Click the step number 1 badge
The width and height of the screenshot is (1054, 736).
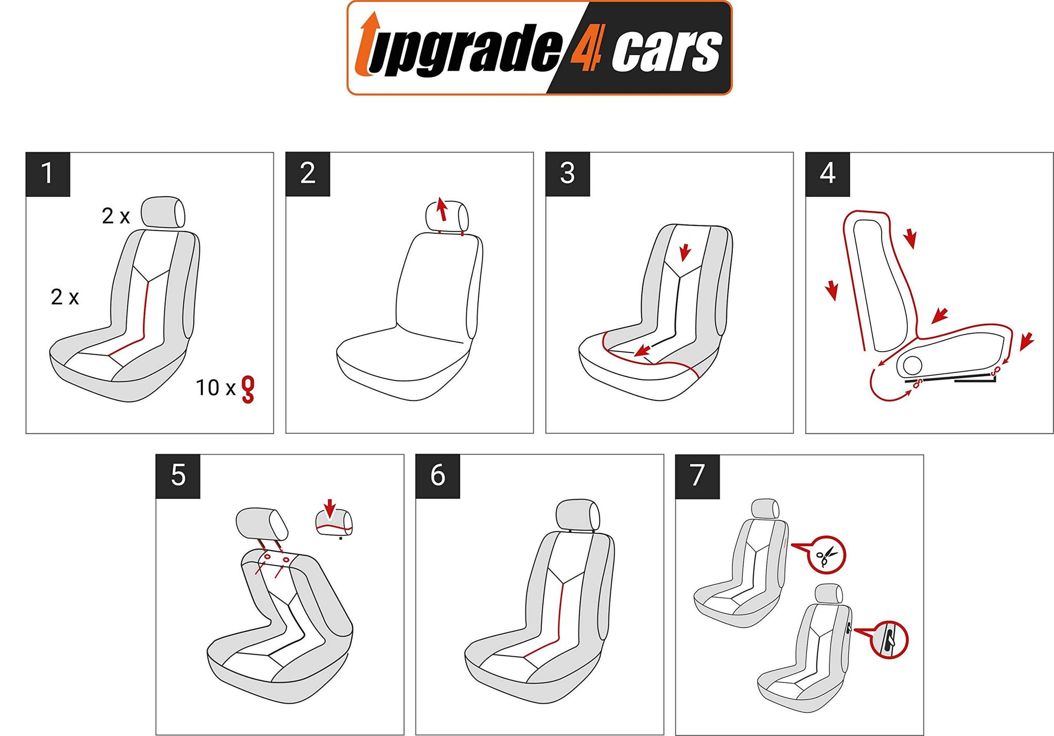tap(48, 174)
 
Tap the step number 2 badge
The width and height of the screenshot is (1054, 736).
tap(308, 174)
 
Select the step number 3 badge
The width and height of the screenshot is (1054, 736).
tap(568, 174)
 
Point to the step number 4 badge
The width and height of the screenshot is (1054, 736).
tap(828, 174)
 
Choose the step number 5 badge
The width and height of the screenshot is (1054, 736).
tap(178, 476)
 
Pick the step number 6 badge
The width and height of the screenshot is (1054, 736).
tap(438, 476)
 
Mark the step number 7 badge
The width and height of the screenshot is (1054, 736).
tap(697, 476)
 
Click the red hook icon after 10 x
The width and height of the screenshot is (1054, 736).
tap(248, 390)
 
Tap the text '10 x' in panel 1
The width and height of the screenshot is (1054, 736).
tap(215, 388)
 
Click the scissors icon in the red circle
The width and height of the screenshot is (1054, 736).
tap(827, 556)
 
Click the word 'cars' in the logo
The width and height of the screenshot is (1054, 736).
tap(667, 51)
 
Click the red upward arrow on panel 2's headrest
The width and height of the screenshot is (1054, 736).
tap(441, 208)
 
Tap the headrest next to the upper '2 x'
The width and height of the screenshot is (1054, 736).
tap(163, 212)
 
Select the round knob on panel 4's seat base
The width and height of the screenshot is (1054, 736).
tap(912, 365)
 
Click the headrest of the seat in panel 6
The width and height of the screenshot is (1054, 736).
tap(578, 514)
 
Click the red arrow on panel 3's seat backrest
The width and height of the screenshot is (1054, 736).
tap(684, 252)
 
